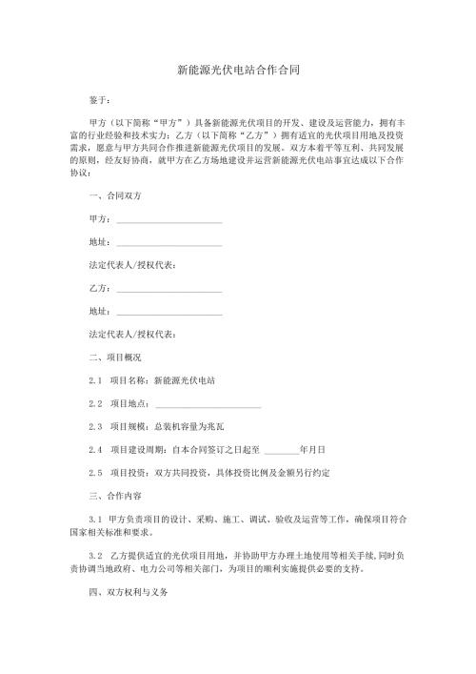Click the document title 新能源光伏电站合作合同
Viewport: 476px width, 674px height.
point(239,70)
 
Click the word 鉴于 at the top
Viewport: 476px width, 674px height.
point(100,99)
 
